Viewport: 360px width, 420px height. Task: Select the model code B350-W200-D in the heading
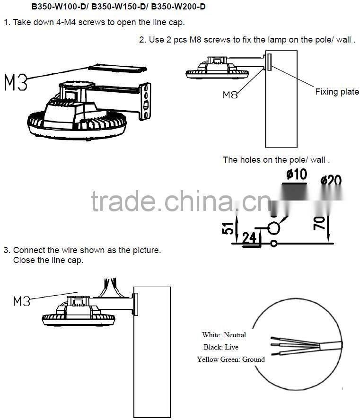click(x=180, y=7)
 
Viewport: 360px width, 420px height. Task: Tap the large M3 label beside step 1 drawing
click(x=16, y=82)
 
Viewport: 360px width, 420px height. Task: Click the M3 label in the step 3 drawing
click(x=22, y=300)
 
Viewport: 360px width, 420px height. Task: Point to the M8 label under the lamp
click(x=230, y=95)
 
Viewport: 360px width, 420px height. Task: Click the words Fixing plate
click(x=337, y=92)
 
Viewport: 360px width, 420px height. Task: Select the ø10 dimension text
click(x=296, y=175)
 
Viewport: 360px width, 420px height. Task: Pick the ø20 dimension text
click(x=331, y=181)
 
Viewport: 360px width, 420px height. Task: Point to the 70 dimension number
click(x=320, y=222)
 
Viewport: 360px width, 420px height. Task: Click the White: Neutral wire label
click(x=224, y=335)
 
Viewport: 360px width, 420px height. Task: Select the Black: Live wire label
click(x=221, y=347)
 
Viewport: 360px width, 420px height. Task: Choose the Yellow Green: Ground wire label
click(x=230, y=359)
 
